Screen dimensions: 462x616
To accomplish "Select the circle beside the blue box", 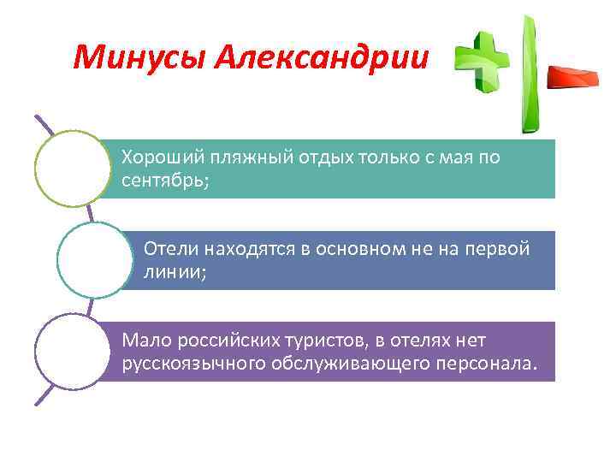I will coord(95,260).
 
